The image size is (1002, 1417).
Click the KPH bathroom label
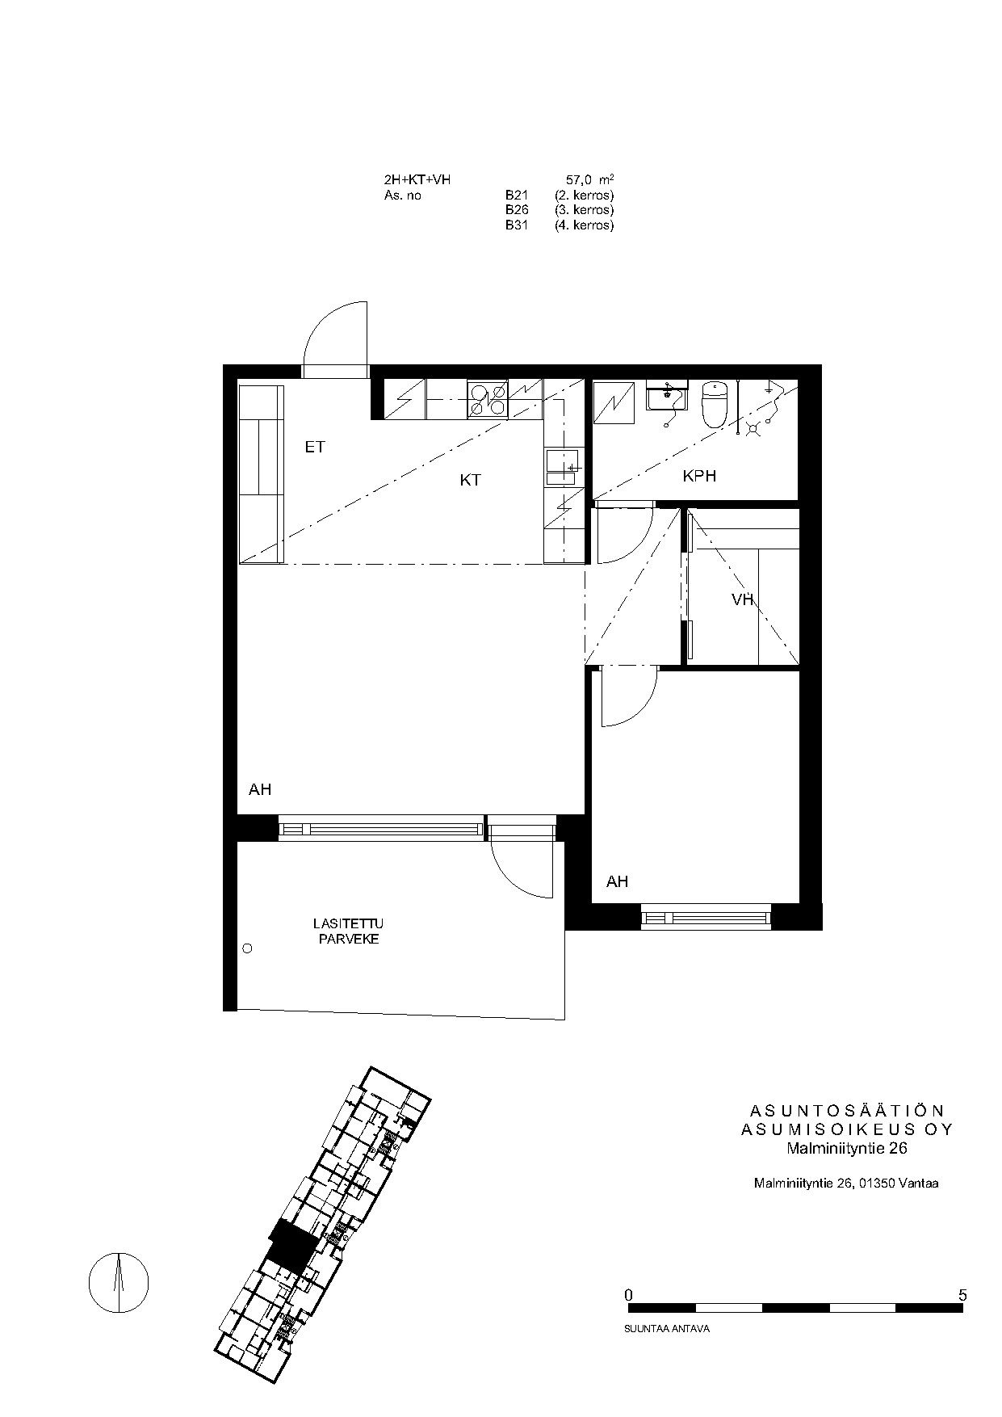tap(699, 476)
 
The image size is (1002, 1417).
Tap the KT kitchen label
tap(470, 480)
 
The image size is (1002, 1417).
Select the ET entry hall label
tap(315, 447)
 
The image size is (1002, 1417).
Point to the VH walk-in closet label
tap(742, 599)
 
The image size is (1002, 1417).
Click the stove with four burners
tap(488, 399)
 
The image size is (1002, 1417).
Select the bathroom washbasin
tap(667, 397)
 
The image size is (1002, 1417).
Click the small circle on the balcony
tap(248, 948)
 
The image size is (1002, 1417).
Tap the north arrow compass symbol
tap(119, 1281)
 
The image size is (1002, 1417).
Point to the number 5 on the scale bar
tap(962, 1295)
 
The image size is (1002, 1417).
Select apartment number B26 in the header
tap(516, 210)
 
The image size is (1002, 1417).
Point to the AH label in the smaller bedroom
tap(617, 881)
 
